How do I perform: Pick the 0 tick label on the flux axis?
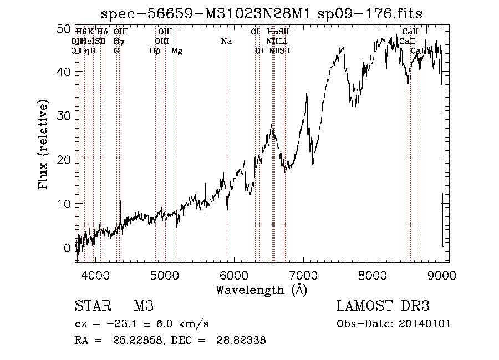tap(68, 247)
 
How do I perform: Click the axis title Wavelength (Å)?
tap(261, 290)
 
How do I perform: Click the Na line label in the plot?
tap(226, 42)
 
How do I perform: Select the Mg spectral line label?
tap(177, 51)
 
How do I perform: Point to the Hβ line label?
tap(155, 51)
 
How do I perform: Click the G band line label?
tap(116, 51)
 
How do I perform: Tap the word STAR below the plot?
tap(91, 306)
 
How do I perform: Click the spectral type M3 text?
tap(144, 306)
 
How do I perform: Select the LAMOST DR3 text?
tap(383, 306)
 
